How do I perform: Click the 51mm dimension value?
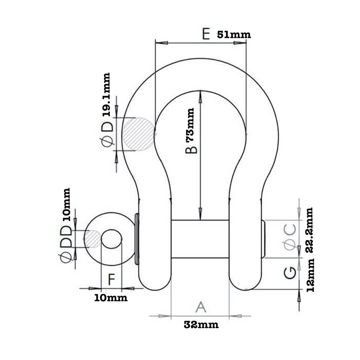click(x=234, y=35)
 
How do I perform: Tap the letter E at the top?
click(x=206, y=34)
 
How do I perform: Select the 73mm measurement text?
click(x=190, y=124)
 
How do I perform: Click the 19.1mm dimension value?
click(x=106, y=94)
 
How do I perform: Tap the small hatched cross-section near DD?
click(x=93, y=239)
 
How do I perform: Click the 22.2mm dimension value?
click(x=310, y=230)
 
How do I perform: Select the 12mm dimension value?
click(x=310, y=275)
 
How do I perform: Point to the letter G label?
click(x=290, y=273)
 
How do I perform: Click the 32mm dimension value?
click(x=201, y=325)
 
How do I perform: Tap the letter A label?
click(x=201, y=307)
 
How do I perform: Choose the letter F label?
click(x=112, y=280)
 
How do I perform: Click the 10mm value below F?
click(x=111, y=298)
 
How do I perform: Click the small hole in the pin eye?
click(x=112, y=239)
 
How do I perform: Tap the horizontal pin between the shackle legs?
click(x=200, y=239)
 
